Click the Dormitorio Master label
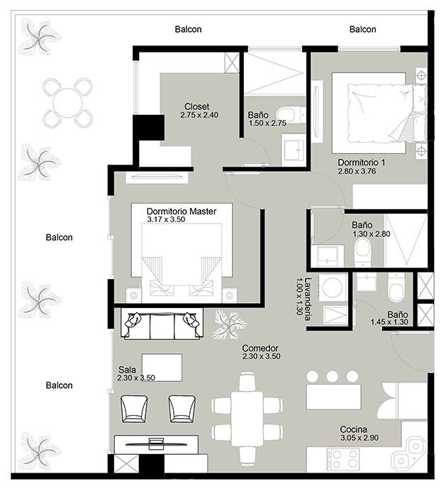tap(182, 211)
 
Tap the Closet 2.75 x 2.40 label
tap(199, 111)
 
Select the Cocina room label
tap(353, 429)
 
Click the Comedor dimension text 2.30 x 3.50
tap(261, 356)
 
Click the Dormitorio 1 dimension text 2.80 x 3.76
tap(357, 171)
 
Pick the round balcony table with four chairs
tap(67, 103)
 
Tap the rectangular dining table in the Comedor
tap(247, 419)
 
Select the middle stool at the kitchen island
tap(332, 376)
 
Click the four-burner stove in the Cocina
tap(343, 460)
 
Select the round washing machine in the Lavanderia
tap(334, 287)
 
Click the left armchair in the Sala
tap(134, 409)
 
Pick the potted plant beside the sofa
tap(230, 325)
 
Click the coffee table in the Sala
tap(162, 368)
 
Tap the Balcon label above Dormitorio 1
tap(362, 29)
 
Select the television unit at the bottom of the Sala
tap(156, 444)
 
